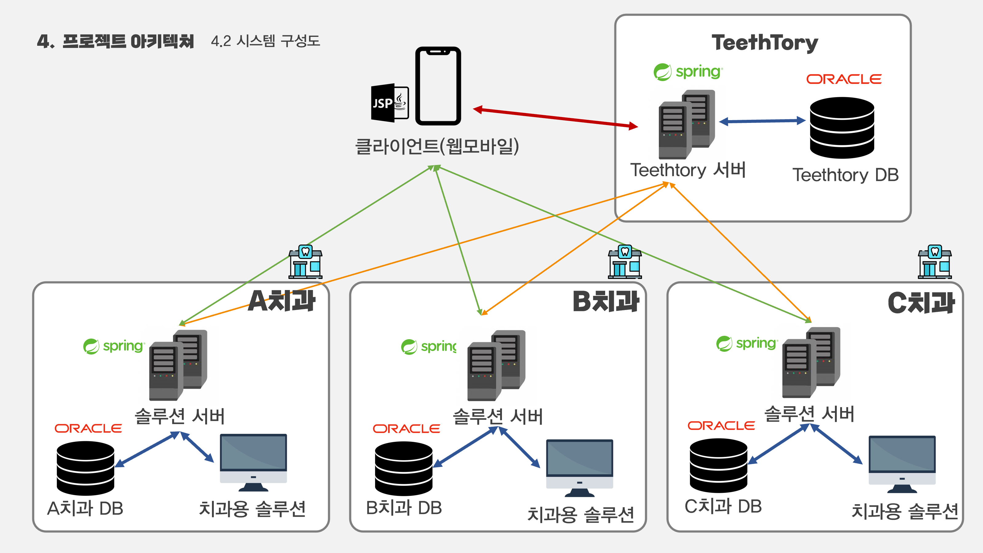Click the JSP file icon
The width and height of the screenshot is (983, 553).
click(x=390, y=103)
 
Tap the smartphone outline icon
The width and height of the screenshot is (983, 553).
click(x=438, y=86)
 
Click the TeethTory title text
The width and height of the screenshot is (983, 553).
click(x=765, y=43)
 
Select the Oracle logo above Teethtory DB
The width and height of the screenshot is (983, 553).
click(x=844, y=79)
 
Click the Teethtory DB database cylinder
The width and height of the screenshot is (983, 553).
click(x=842, y=127)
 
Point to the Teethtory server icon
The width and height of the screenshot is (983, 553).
click(x=687, y=124)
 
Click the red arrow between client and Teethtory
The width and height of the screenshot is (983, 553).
click(x=555, y=118)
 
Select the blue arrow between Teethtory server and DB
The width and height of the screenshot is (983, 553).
click(x=762, y=121)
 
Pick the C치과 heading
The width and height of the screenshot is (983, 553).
click(x=921, y=303)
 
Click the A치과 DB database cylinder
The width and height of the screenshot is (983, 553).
click(x=85, y=468)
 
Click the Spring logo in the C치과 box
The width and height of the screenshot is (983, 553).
click(x=746, y=343)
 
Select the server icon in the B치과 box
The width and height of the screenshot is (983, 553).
click(x=496, y=365)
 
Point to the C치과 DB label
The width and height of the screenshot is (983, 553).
click(x=723, y=506)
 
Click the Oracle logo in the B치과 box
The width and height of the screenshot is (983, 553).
click(x=406, y=429)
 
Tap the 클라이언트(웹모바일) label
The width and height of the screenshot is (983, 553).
click(x=437, y=146)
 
